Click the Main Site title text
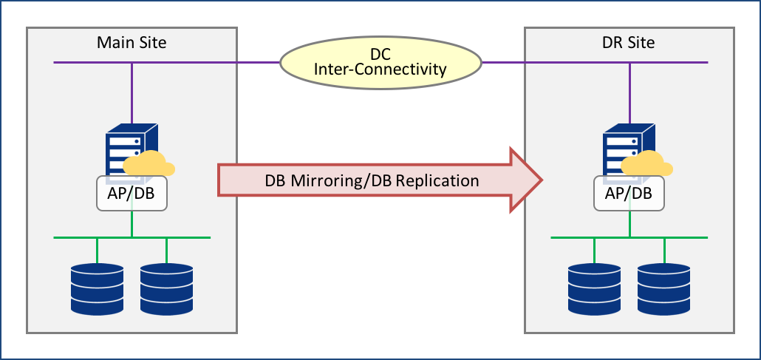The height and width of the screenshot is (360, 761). click(132, 42)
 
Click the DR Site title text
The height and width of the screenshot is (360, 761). click(629, 42)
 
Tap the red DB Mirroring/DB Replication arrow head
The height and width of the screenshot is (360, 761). click(526, 180)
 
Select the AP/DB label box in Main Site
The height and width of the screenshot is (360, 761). click(132, 193)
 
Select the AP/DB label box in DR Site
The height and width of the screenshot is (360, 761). click(629, 193)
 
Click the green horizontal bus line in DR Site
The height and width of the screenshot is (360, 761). click(576, 237)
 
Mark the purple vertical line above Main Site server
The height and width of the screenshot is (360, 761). click(132, 92)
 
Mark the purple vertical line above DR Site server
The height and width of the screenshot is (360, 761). click(630, 92)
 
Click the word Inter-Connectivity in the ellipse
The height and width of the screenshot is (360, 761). click(380, 70)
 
